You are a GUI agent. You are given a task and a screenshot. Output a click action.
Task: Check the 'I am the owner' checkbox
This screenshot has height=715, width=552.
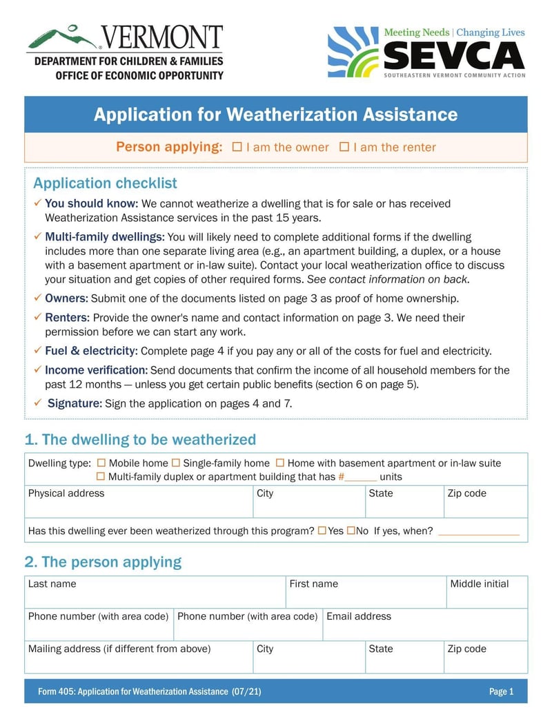tap(237, 147)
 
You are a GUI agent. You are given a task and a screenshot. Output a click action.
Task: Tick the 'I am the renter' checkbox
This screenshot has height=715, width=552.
tap(344, 147)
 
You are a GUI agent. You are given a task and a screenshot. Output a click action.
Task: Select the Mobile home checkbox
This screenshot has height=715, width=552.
tap(101, 463)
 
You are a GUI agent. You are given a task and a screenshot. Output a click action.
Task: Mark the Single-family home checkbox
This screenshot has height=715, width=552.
tap(176, 463)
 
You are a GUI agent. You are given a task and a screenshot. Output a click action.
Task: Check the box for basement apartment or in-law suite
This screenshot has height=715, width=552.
tap(280, 463)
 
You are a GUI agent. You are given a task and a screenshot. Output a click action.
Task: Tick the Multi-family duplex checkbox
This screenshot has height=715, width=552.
tap(101, 477)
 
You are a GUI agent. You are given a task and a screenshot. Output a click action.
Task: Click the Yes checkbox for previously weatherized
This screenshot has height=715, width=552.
tap(322, 531)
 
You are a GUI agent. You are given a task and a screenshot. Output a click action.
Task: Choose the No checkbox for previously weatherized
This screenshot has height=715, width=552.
tap(351, 531)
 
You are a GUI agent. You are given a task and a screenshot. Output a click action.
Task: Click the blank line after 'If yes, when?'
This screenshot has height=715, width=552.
tap(478, 532)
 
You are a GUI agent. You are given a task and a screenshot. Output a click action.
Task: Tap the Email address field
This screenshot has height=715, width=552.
tap(424, 629)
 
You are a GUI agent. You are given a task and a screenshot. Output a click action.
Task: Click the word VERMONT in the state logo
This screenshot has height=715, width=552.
tap(162, 37)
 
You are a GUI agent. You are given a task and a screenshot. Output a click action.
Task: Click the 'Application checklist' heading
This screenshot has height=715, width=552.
tap(105, 183)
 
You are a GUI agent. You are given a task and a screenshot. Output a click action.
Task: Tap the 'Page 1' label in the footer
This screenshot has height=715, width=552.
tap(502, 692)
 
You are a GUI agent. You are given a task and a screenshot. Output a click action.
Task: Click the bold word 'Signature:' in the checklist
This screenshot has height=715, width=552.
tap(75, 403)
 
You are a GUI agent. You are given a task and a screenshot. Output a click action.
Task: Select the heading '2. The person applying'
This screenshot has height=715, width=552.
tap(103, 562)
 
